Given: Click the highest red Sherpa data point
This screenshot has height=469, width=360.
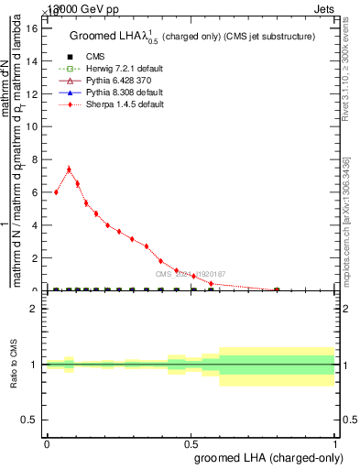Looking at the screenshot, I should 69,169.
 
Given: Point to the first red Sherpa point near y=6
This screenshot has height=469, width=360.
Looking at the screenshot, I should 56,192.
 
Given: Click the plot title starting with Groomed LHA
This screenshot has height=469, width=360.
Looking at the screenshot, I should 192,37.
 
